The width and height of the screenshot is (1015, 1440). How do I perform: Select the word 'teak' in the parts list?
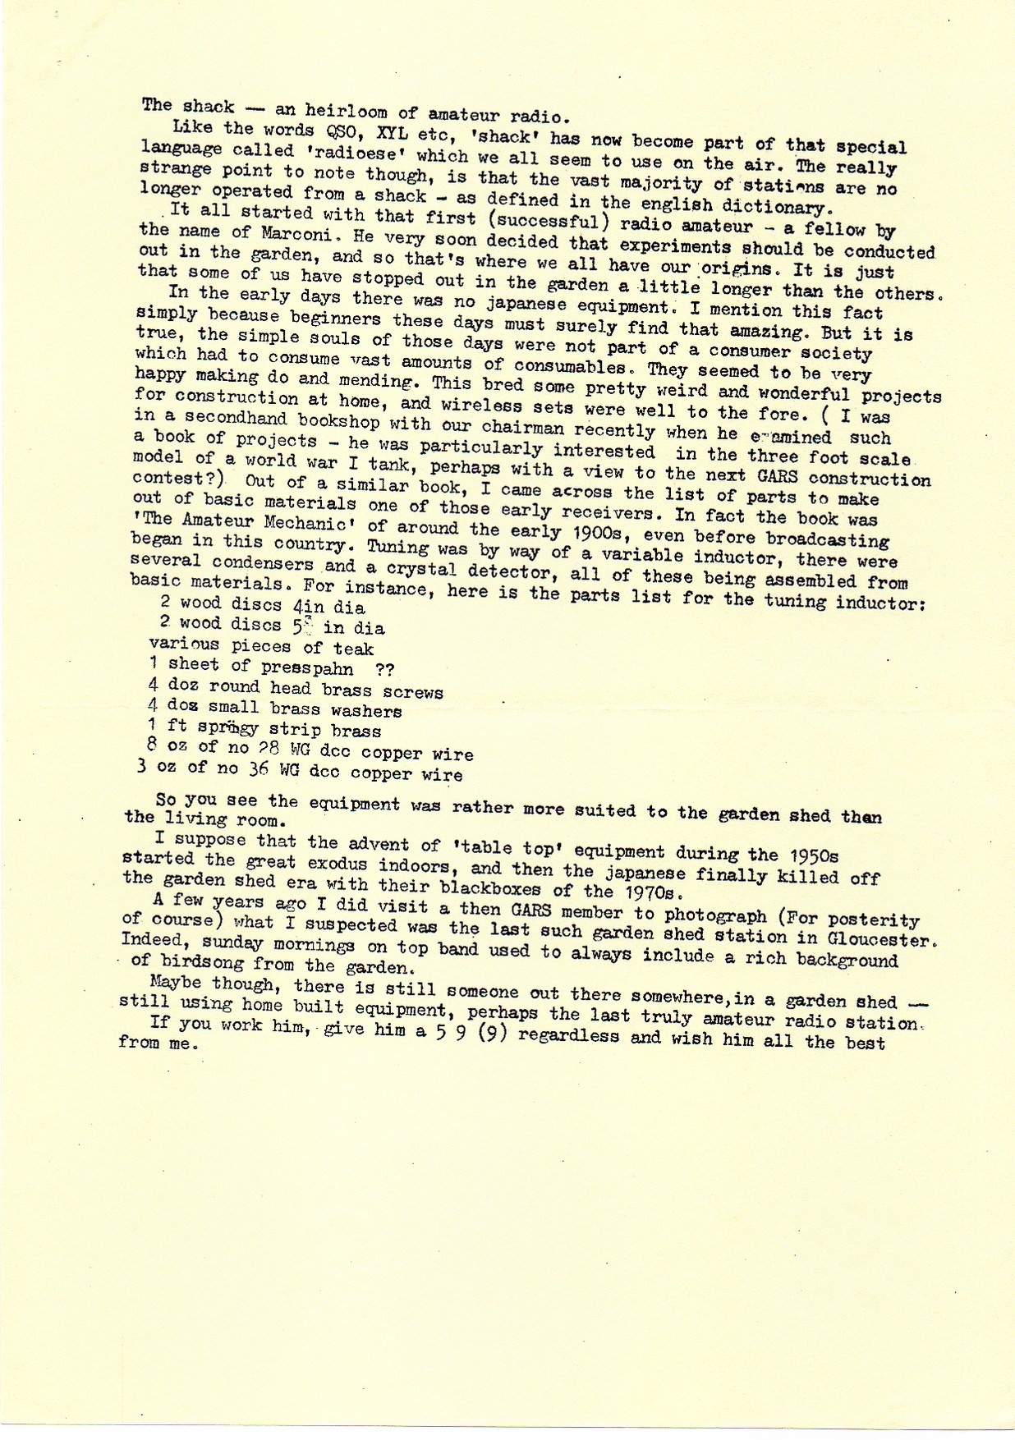tap(354, 649)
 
